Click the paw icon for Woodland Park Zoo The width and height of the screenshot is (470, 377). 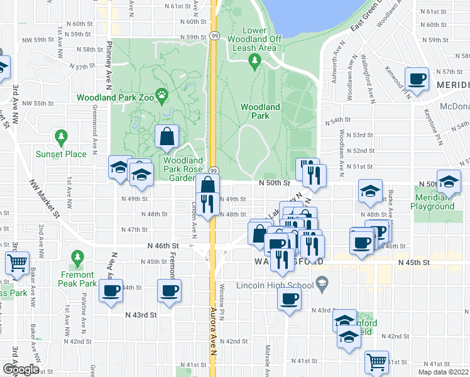(x=162, y=97)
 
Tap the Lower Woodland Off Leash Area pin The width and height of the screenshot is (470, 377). (x=254, y=61)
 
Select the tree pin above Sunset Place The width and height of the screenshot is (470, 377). (x=61, y=136)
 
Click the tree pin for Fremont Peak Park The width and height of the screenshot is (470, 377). (x=78, y=258)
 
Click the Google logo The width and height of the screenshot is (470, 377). (x=21, y=369)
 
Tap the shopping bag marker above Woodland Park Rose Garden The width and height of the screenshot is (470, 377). (x=167, y=136)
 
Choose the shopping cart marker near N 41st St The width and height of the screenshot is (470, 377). (x=376, y=361)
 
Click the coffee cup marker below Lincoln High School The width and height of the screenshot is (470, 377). (x=289, y=298)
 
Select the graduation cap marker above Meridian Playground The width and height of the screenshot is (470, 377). (x=449, y=182)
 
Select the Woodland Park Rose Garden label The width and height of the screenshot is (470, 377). (x=183, y=169)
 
